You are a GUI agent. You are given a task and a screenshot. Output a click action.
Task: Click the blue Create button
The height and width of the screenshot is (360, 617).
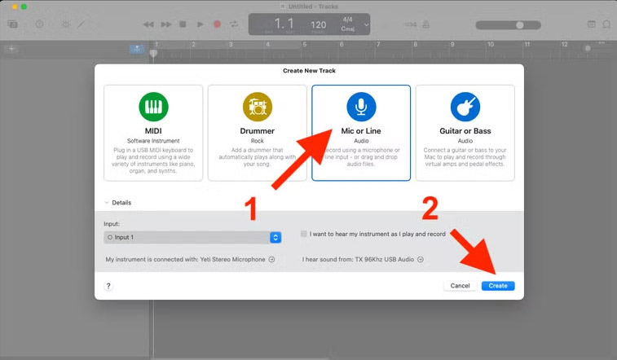click(498, 286)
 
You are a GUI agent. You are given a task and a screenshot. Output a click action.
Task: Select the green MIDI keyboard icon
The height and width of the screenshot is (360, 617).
click(153, 107)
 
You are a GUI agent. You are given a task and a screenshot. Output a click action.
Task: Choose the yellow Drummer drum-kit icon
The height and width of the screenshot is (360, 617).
click(257, 107)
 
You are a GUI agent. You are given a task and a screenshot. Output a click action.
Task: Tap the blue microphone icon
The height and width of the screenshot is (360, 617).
click(360, 107)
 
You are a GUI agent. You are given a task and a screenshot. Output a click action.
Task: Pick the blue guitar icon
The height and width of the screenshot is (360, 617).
click(465, 107)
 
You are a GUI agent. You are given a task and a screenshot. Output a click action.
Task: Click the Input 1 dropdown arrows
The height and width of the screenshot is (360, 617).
click(275, 237)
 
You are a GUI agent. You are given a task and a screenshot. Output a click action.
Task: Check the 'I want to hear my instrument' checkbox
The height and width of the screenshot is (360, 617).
click(304, 234)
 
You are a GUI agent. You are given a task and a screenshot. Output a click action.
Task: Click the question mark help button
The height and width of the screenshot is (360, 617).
click(108, 286)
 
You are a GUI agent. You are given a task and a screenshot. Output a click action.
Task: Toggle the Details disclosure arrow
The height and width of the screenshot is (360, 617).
click(105, 203)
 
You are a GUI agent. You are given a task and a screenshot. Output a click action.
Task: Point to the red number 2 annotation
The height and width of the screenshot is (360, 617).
click(429, 209)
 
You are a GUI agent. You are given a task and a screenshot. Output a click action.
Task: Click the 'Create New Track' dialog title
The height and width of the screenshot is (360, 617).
click(309, 71)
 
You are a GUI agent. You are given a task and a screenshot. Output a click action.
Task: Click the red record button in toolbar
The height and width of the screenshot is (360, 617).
click(217, 24)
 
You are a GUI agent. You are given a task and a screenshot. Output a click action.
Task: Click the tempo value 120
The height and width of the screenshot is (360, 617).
click(319, 25)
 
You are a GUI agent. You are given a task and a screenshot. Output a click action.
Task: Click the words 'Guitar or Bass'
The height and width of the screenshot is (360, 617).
click(465, 131)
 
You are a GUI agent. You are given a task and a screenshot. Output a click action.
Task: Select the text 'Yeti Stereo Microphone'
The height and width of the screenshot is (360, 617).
click(231, 260)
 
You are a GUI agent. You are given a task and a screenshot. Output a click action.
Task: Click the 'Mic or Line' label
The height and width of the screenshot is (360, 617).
click(360, 131)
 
